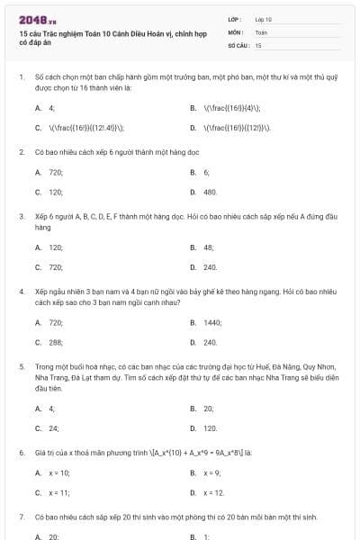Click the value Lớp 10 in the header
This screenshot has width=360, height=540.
(x=263, y=19)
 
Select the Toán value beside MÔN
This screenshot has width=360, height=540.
(x=261, y=31)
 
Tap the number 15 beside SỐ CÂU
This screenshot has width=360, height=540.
(x=258, y=44)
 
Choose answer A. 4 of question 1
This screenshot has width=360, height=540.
(x=46, y=108)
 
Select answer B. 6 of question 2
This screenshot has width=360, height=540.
(x=201, y=172)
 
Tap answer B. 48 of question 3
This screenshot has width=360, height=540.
(x=202, y=247)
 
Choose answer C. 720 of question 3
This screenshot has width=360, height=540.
(x=49, y=266)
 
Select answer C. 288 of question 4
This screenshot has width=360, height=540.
(x=49, y=342)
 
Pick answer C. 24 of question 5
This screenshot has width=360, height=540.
(x=47, y=428)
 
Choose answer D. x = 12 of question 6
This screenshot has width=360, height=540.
(x=208, y=492)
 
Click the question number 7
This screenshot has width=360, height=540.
(x=21, y=517)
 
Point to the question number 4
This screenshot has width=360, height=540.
(x=21, y=292)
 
